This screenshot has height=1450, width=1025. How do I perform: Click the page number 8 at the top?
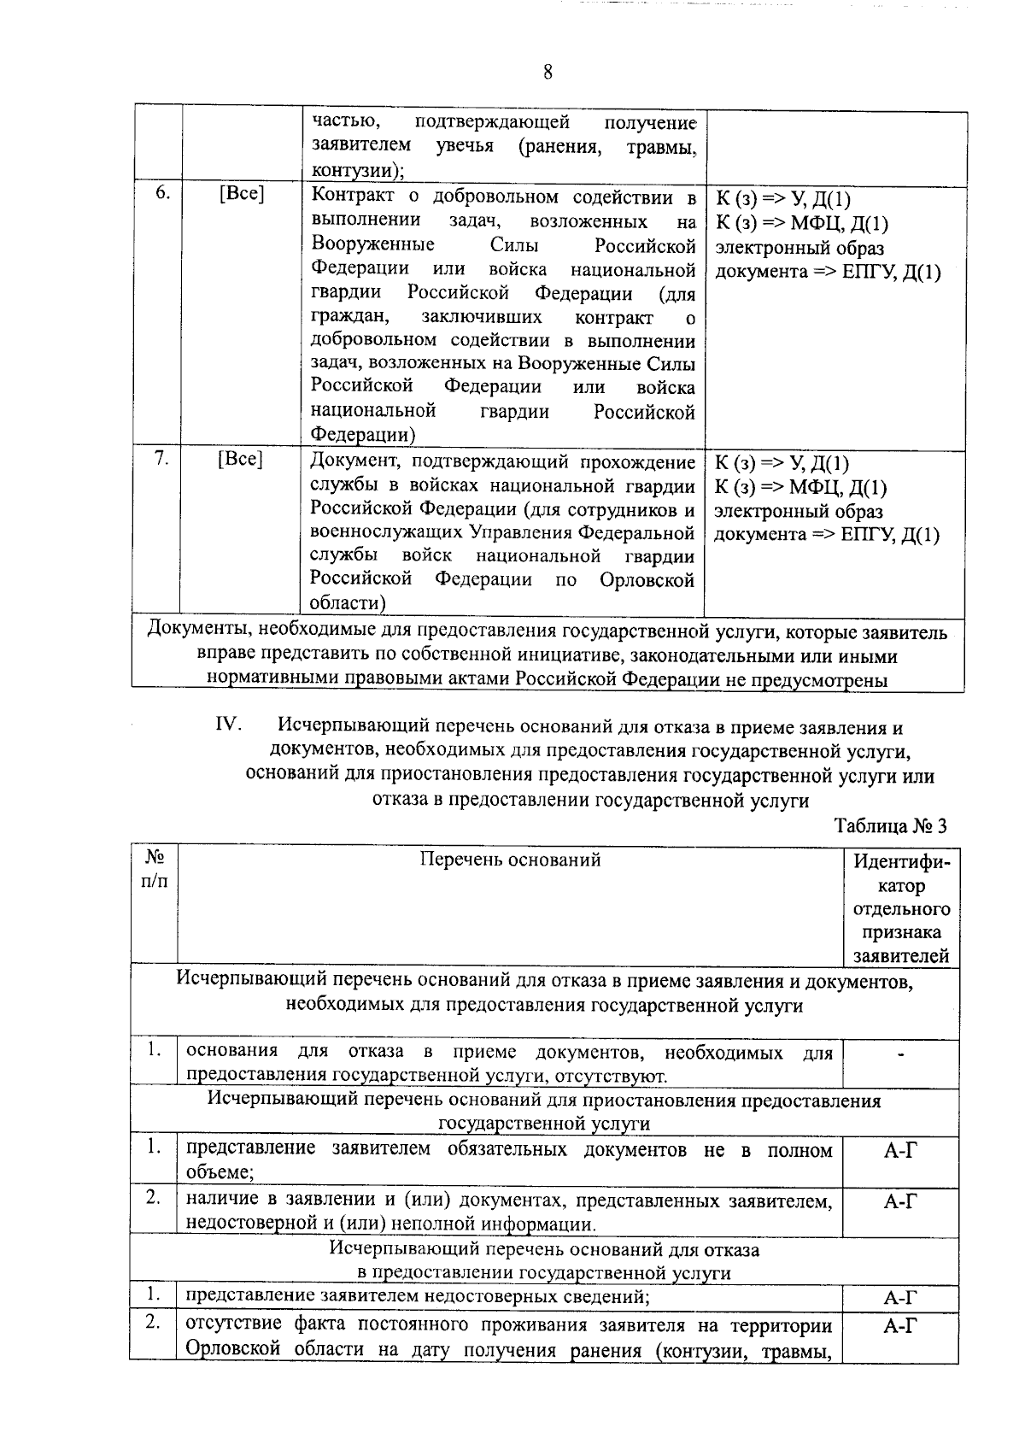tap(548, 73)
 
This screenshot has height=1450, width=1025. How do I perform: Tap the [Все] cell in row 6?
tap(241, 194)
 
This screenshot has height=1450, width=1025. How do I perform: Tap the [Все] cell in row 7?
tap(240, 459)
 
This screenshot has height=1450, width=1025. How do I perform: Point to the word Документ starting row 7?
tap(354, 462)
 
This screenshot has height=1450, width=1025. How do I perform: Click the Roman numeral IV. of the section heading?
tap(229, 726)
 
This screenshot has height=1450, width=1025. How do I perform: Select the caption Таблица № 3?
tap(890, 826)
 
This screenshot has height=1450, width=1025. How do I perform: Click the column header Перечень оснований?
tap(510, 860)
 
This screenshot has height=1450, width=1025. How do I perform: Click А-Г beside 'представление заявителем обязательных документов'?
tap(900, 1151)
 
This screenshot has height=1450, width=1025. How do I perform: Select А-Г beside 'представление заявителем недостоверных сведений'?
tap(900, 1300)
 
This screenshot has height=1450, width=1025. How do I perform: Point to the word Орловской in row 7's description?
tap(647, 580)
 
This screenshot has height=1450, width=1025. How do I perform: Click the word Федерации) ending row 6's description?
tap(363, 435)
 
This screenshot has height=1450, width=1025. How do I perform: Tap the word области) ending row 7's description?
tap(347, 603)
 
